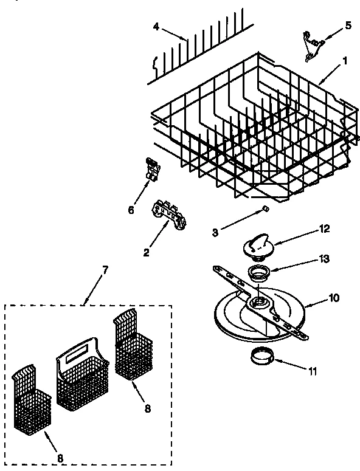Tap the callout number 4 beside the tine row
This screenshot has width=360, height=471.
(x=156, y=26)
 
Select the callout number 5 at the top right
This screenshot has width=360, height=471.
(x=348, y=26)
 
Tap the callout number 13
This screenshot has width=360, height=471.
(x=325, y=258)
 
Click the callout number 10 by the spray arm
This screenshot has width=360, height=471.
(x=334, y=298)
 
